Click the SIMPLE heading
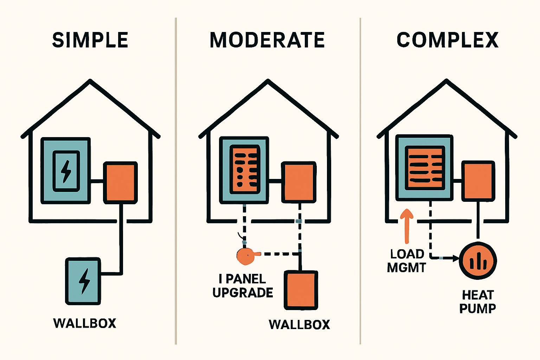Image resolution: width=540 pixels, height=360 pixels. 90,40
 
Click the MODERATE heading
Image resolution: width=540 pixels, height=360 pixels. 267,40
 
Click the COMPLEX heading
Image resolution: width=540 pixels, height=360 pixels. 448,40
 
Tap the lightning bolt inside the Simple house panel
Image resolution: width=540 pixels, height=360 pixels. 66,171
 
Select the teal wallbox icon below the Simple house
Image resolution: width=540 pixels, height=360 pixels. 83,281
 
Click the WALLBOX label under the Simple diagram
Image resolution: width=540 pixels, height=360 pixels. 85,323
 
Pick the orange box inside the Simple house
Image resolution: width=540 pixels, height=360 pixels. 120,182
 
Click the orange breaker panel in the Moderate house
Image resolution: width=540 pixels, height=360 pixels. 245,170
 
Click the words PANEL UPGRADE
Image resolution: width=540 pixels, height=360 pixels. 243,286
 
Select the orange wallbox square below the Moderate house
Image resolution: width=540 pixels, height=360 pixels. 301,290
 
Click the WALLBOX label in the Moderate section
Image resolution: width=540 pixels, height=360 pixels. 300,324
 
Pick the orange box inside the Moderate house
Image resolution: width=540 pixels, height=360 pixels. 299,182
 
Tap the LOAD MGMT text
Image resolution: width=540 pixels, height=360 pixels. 407,261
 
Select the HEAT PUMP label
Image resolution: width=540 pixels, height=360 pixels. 478,302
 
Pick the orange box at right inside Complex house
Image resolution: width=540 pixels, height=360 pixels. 478,181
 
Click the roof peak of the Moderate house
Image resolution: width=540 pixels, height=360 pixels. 268,82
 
